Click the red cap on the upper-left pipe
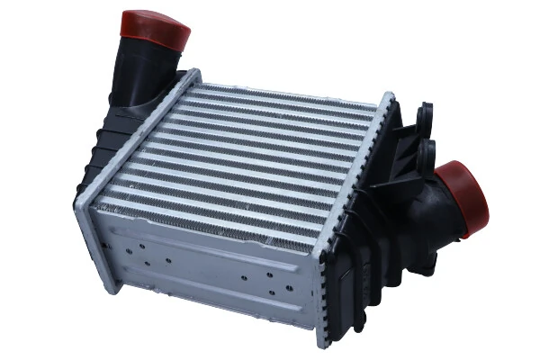155,30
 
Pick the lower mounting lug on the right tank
426,148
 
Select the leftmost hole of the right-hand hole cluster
244,274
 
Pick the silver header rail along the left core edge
135,135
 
